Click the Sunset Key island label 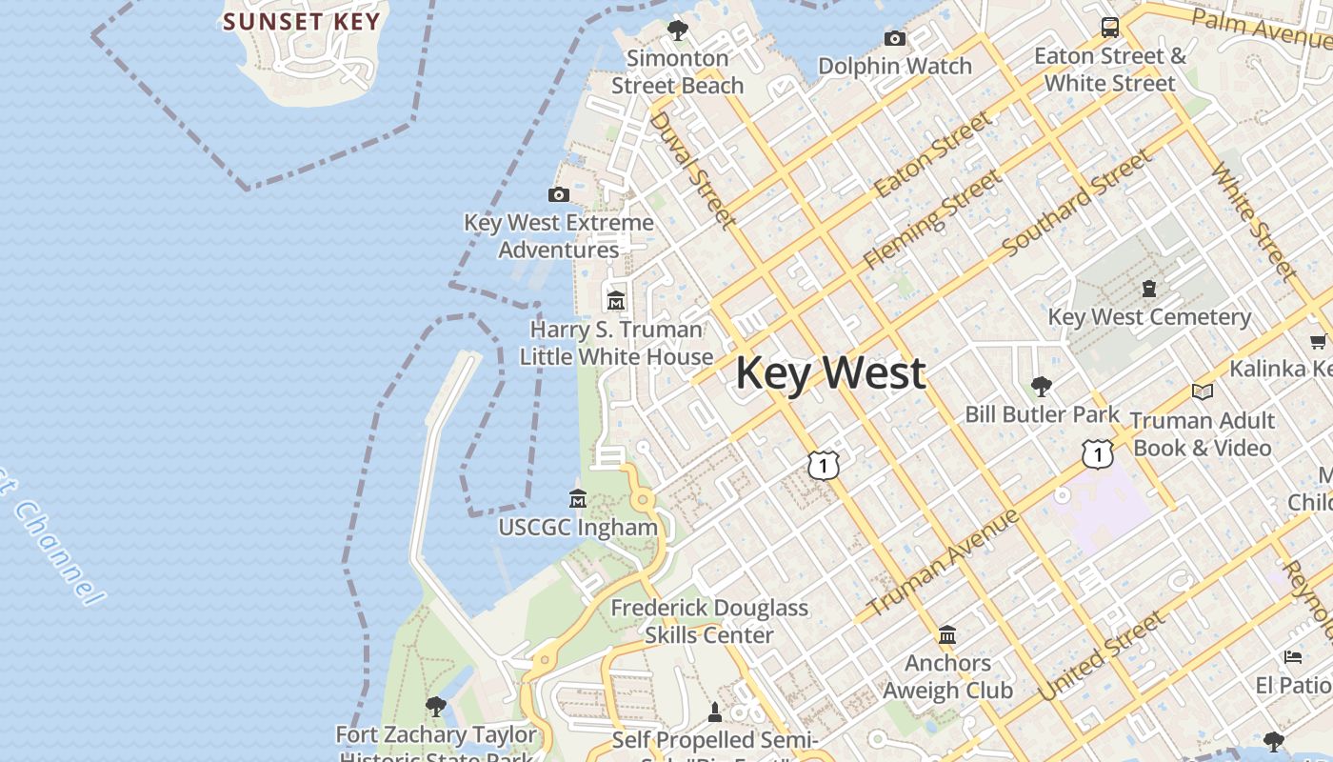tap(302, 21)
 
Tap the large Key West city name tap(830, 372)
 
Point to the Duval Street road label tap(692, 170)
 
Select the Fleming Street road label tap(932, 219)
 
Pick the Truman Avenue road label tap(943, 562)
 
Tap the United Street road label tap(1102, 657)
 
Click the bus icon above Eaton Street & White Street tap(1110, 27)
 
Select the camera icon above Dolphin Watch tap(895, 38)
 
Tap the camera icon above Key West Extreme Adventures tap(559, 195)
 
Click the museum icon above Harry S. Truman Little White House tap(616, 300)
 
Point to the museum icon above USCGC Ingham tap(578, 498)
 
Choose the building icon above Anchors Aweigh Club tap(947, 634)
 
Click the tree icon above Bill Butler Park tap(1042, 386)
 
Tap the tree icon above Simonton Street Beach tap(678, 30)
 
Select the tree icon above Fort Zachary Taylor tap(436, 706)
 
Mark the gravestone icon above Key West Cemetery tap(1149, 288)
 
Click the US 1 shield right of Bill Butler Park tap(1098, 454)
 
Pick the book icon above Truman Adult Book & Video tap(1203, 391)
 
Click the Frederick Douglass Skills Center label tap(709, 621)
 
